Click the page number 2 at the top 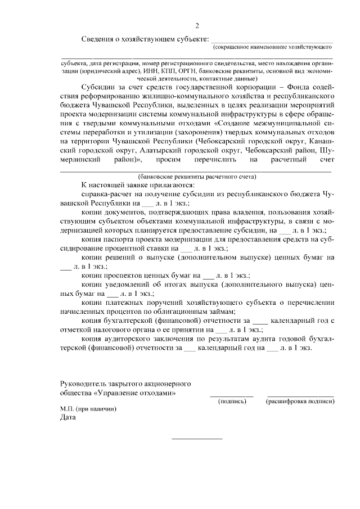[197, 26]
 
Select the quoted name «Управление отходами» [135, 393]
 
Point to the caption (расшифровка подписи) [301, 402]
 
